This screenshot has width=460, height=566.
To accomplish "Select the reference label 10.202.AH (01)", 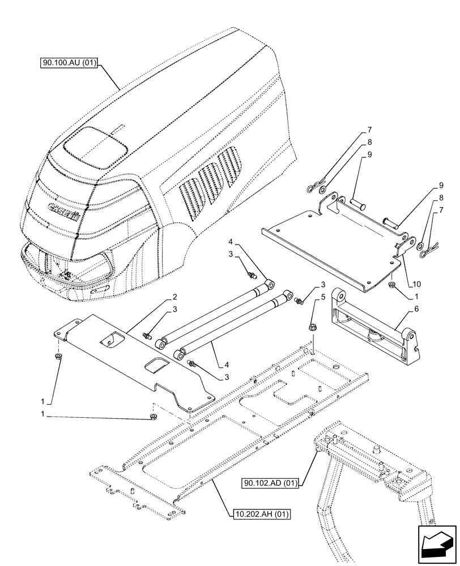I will tap(261, 514).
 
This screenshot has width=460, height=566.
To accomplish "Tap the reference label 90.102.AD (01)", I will tap(271, 483).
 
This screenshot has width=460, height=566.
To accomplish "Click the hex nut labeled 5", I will tap(313, 328).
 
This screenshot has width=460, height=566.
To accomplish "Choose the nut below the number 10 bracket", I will tap(391, 284).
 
